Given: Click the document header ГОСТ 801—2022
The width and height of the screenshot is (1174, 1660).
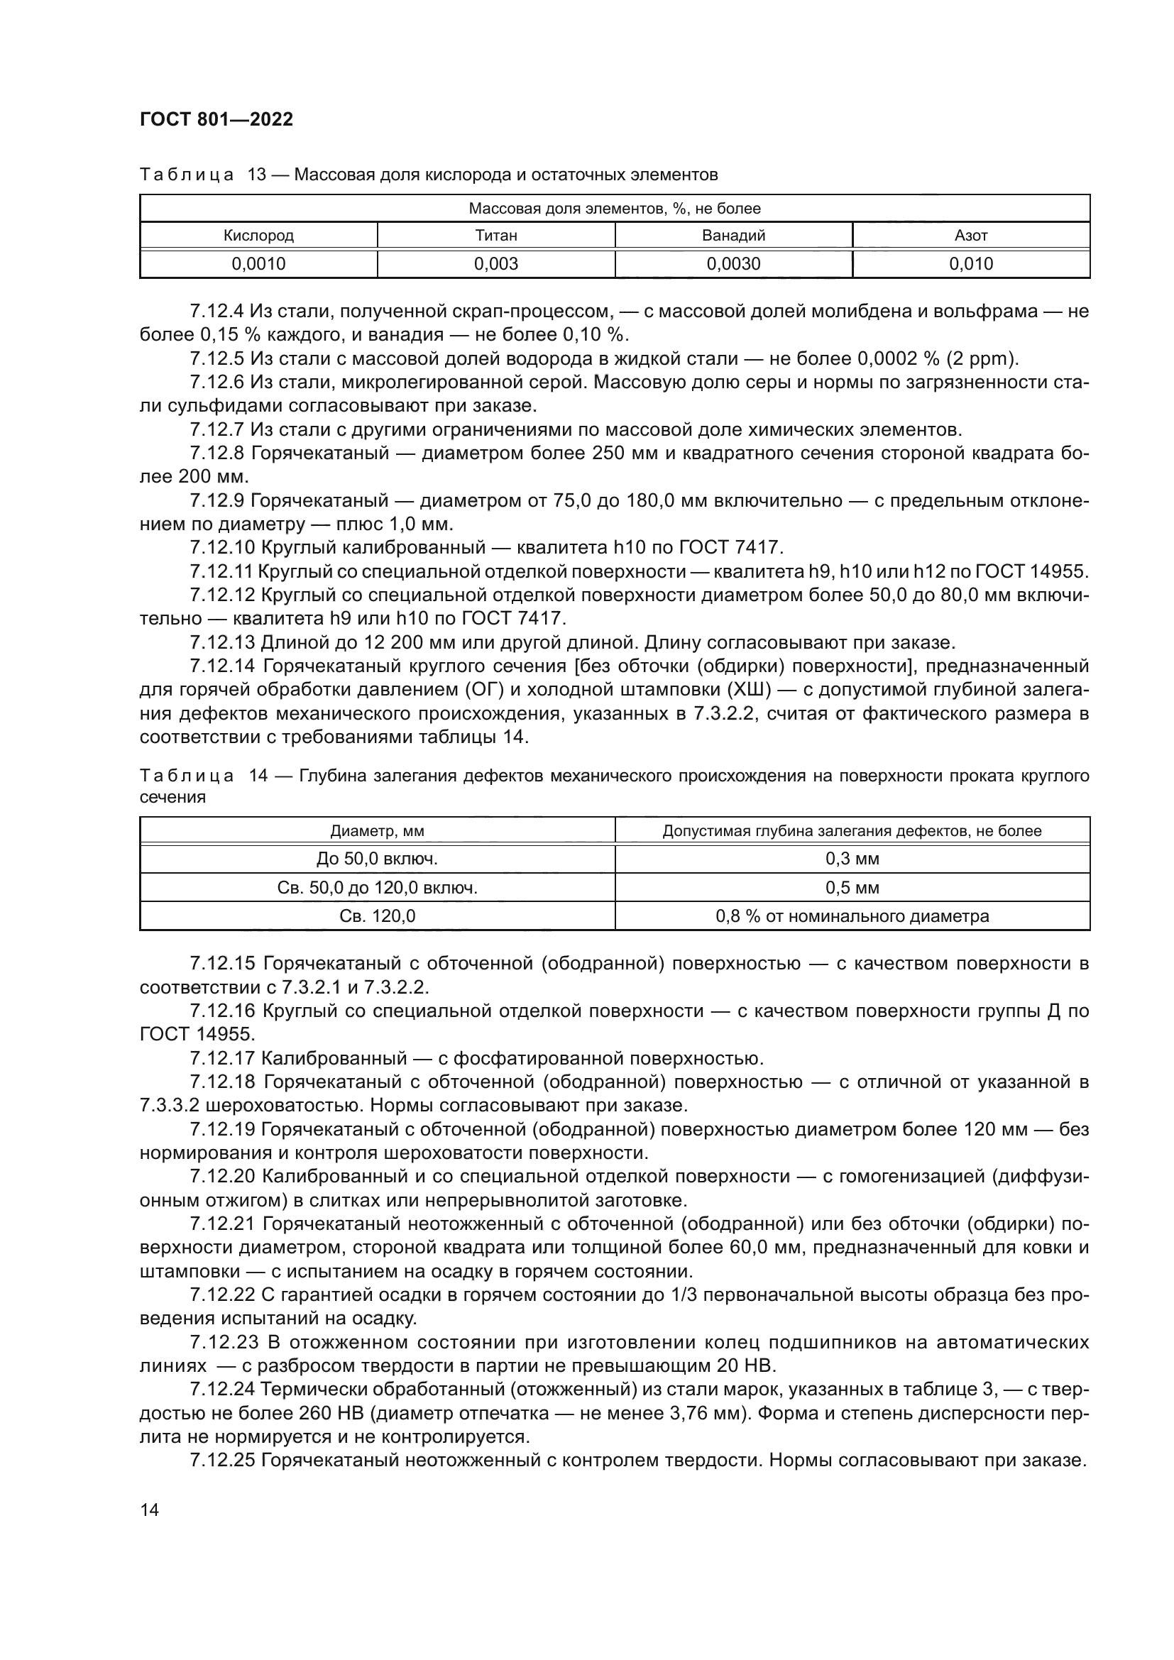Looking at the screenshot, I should click(216, 119).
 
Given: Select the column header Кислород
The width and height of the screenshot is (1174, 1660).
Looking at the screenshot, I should click(258, 235).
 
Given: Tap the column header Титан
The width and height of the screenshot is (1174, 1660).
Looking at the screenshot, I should click(496, 235).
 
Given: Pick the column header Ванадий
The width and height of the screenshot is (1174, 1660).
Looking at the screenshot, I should click(733, 235).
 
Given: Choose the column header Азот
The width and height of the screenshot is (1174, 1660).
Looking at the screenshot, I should click(971, 235).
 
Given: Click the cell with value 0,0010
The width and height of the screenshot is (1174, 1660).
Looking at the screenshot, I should click(258, 264).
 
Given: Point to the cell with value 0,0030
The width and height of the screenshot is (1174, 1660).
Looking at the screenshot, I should click(733, 264).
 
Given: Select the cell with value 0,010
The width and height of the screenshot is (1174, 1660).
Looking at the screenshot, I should click(971, 264).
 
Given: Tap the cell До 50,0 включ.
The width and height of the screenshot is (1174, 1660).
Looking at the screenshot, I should click(377, 859).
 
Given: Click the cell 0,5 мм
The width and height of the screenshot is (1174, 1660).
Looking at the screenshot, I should click(852, 887).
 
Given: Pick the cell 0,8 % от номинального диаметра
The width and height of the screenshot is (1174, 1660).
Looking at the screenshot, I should click(852, 916).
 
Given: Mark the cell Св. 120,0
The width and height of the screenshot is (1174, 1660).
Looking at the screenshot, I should click(377, 916).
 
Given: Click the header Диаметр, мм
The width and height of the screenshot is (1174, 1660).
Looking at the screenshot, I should click(377, 831).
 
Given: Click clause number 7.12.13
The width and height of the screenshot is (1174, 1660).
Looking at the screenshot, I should click(222, 642).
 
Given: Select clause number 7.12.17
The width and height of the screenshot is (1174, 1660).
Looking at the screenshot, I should click(222, 1058).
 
